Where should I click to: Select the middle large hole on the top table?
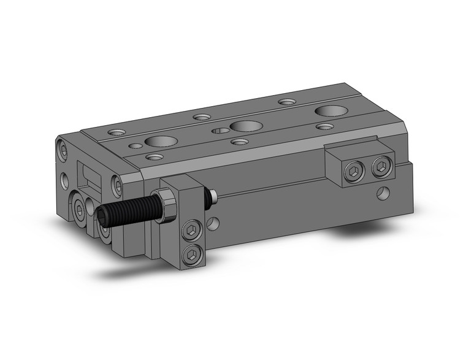click(x=244, y=126)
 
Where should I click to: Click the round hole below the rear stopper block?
click(x=383, y=194)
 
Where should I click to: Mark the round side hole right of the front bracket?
click(x=212, y=223)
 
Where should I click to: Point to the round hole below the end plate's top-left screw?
click(x=65, y=180)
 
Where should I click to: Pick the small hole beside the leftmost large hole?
click(x=134, y=147)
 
